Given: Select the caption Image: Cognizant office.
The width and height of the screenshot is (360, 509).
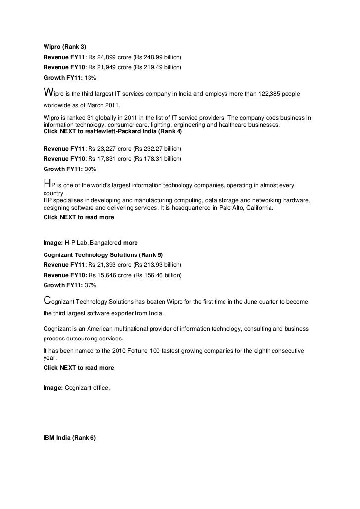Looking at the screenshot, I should point(77,388).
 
